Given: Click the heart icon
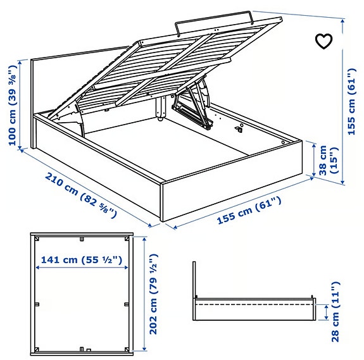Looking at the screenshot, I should [323, 41].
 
